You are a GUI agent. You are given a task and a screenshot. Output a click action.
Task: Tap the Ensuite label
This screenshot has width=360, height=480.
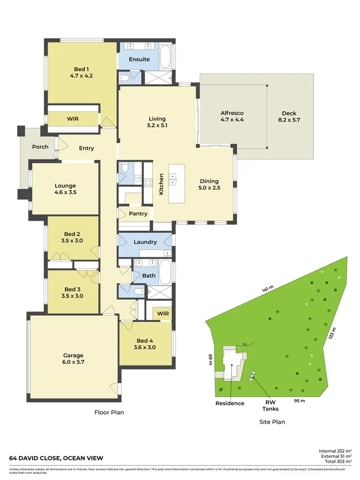[x=139, y=59]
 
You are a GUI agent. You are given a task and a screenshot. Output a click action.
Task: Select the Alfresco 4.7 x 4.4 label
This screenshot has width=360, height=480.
[x=232, y=117]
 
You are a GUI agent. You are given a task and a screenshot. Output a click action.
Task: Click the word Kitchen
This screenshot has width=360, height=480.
[x=162, y=184]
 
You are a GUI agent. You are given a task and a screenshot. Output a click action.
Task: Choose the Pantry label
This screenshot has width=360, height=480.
[x=138, y=214]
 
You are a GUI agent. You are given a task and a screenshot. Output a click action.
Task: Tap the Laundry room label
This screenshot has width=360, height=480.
[x=145, y=242]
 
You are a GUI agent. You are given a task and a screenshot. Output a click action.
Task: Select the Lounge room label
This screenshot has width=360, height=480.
[x=65, y=189]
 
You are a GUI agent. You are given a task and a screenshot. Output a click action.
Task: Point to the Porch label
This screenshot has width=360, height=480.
[x=40, y=146]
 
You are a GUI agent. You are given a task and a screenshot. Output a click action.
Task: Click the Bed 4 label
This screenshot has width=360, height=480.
[x=144, y=344]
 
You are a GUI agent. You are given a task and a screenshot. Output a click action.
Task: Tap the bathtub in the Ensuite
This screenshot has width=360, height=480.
[x=166, y=57]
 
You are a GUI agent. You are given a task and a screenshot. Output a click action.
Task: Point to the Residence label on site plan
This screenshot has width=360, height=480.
[x=229, y=403]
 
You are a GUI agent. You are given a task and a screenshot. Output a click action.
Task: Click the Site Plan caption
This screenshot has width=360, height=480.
[x=272, y=422]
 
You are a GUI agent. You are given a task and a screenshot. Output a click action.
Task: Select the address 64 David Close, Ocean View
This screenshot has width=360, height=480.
[x=56, y=458]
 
